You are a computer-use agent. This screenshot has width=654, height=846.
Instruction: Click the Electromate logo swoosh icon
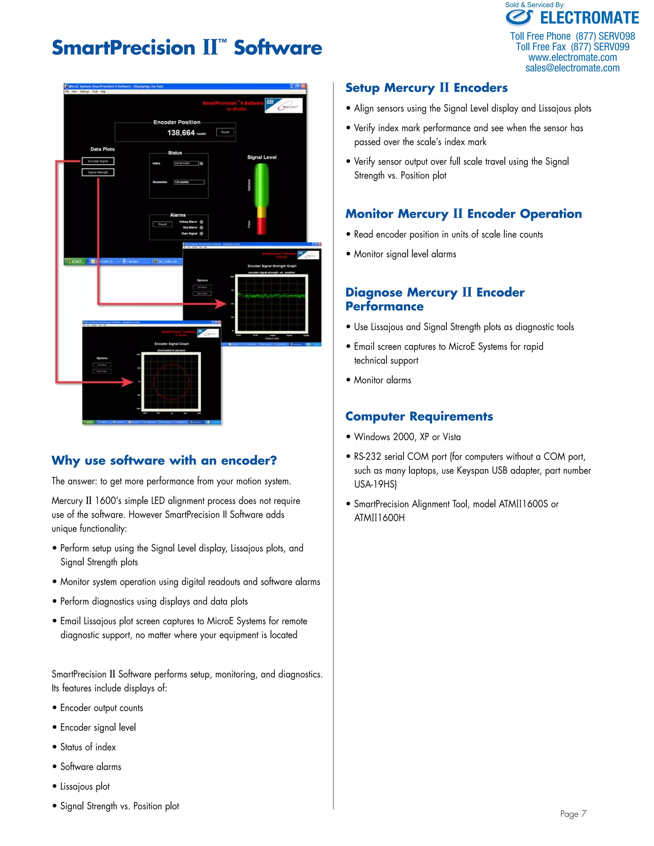519,18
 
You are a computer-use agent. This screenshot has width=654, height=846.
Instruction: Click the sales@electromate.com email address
572,68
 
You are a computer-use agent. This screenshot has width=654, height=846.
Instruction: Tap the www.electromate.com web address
572,58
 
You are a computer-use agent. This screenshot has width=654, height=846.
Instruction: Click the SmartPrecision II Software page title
187,48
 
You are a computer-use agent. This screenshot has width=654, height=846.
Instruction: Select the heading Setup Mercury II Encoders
426,88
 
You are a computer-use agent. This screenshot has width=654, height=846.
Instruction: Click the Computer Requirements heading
419,416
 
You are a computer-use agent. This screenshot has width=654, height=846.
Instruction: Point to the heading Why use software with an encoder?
164,461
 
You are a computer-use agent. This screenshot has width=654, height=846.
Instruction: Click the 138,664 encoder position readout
181,133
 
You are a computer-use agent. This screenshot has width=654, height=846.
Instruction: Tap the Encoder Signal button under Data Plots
98,161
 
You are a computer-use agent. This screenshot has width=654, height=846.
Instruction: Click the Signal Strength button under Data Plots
98,172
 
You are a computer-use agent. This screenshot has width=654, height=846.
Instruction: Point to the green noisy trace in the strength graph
271,296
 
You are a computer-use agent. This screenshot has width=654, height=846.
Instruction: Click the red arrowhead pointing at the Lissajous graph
127,382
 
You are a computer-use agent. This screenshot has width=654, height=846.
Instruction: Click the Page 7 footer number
573,814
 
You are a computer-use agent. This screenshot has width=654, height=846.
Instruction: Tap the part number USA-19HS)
375,485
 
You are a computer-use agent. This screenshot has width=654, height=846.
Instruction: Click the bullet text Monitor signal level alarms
405,254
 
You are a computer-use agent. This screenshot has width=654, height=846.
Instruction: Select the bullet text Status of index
88,747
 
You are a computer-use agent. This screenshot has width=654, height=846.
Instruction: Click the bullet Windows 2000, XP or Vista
407,437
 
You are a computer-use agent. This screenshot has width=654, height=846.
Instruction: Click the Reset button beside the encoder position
225,132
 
